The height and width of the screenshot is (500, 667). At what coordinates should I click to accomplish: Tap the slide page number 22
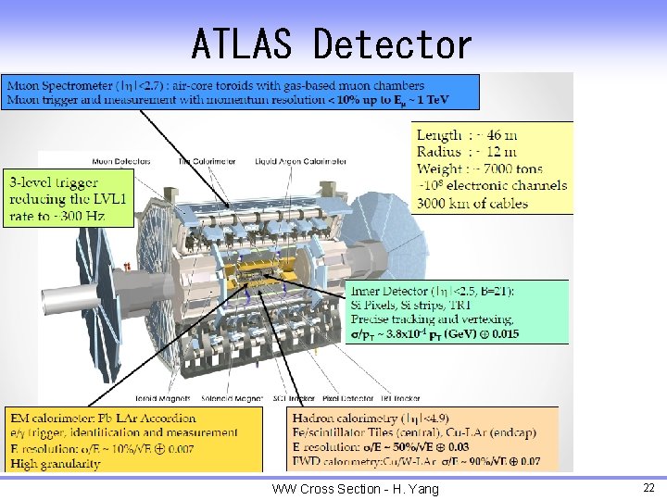click(x=648, y=488)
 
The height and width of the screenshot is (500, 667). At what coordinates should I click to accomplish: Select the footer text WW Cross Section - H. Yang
click(x=355, y=489)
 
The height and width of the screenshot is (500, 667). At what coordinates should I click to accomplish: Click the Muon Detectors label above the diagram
click(x=120, y=161)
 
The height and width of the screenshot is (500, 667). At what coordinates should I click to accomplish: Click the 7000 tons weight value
click(x=508, y=169)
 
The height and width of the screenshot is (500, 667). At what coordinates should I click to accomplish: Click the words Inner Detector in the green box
click(x=401, y=292)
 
